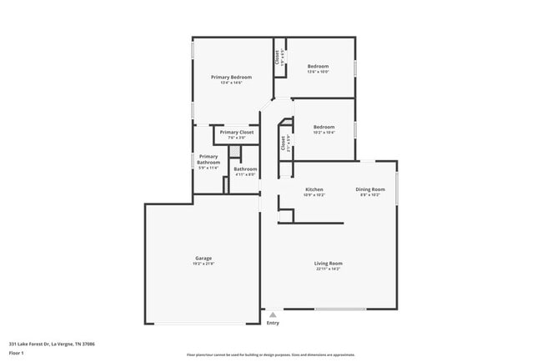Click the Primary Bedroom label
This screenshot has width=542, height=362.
[231, 77]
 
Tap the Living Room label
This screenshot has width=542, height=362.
[329, 264]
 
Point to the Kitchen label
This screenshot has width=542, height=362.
[314, 189]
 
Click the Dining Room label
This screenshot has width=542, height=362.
[369, 189]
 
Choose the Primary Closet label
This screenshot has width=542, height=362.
[237, 132]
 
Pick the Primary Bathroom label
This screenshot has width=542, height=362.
[208, 159]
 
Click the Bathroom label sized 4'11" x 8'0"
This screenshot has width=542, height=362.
[245, 169]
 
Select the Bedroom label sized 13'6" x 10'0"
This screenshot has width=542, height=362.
[318, 66]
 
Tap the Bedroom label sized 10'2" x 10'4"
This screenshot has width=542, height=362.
[324, 127]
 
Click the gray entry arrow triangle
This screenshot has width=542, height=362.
[272, 314]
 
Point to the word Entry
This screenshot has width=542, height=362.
[273, 323]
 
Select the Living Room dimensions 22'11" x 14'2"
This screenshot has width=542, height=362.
[329, 269]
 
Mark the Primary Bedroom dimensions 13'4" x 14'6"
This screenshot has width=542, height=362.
[231, 83]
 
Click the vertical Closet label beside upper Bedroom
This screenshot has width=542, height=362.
[278, 58]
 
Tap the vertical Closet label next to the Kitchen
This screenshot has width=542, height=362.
[284, 143]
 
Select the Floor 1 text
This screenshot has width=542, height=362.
[17, 353]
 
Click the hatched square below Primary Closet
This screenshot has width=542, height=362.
[235, 150]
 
